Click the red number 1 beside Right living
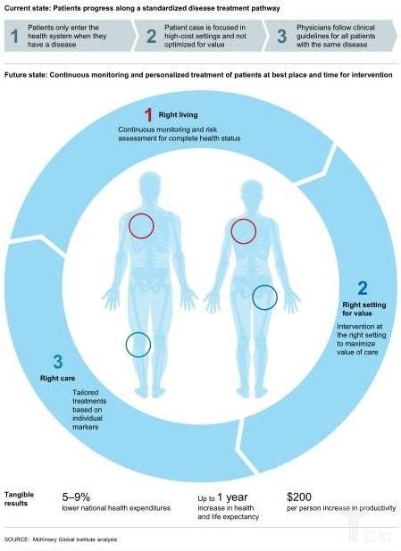pyautogui.click(x=148, y=115)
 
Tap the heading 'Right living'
pyautogui.click(x=178, y=115)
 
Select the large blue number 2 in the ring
pyautogui.click(x=363, y=288)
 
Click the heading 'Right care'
pyautogui.click(x=58, y=378)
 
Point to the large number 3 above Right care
pyautogui.click(x=58, y=362)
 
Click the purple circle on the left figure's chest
pyautogui.click(x=141, y=226)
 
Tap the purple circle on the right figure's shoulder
pyautogui.click(x=244, y=231)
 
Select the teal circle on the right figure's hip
pyautogui.click(x=264, y=297)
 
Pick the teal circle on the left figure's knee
pyautogui.click(x=138, y=345)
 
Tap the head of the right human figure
pyautogui.click(x=252, y=193)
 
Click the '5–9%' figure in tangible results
pyautogui.click(x=76, y=497)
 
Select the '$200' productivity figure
pyautogui.click(x=299, y=497)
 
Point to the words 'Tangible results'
pyautogui.click(x=19, y=499)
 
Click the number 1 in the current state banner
pyautogui.click(x=14, y=37)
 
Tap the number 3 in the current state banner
pyautogui.click(x=282, y=37)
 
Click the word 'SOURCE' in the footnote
pyautogui.click(x=16, y=539)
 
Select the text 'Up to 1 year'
pyautogui.click(x=222, y=497)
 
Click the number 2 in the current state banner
pyautogui.click(x=151, y=37)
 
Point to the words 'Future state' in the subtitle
pyautogui.click(x=25, y=75)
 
